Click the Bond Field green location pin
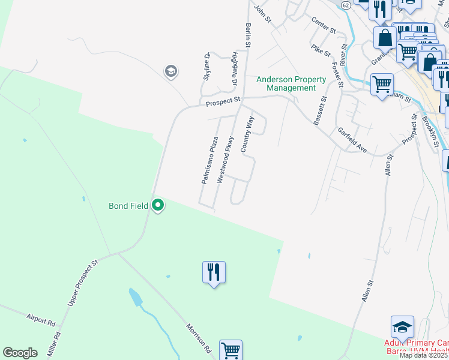158,206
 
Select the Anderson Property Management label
291,83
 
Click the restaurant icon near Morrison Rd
214,272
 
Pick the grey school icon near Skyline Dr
171,72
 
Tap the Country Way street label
246,135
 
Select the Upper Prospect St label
83,283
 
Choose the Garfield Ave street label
352,139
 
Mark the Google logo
20,353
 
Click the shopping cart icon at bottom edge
231,350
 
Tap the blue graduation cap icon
402,328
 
